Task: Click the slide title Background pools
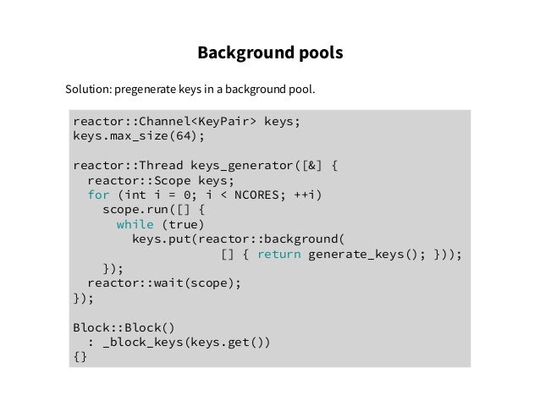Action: point(270,53)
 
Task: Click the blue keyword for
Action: point(98,195)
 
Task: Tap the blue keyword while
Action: point(135,224)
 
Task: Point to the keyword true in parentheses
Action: point(184,224)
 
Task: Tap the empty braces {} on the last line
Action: point(80,357)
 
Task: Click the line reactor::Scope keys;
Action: point(160,180)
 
